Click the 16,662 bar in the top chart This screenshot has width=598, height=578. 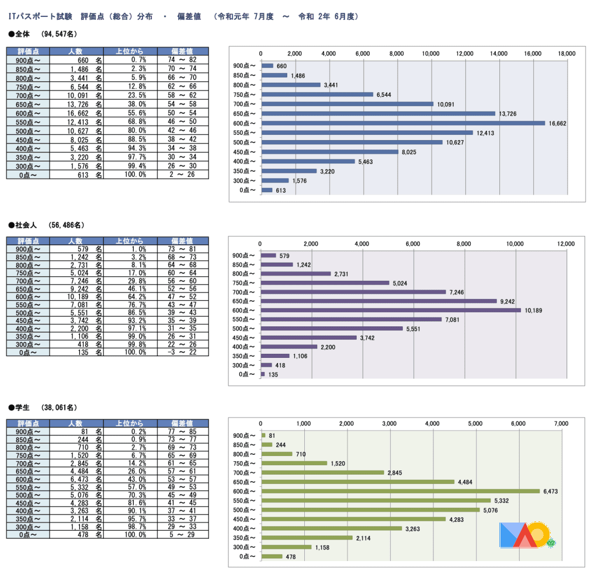[x=403, y=123]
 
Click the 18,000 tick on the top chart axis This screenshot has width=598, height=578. [x=567, y=53]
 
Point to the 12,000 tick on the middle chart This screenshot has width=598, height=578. [x=566, y=243]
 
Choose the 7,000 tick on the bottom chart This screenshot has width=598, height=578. [x=561, y=423]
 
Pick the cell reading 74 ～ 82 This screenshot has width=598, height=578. [x=182, y=60]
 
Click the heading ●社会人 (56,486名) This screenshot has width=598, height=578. [x=47, y=225]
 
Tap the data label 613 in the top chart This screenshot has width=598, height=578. [x=281, y=190]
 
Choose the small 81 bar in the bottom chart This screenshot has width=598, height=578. [x=263, y=435]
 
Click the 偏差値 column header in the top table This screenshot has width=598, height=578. [x=182, y=51]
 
